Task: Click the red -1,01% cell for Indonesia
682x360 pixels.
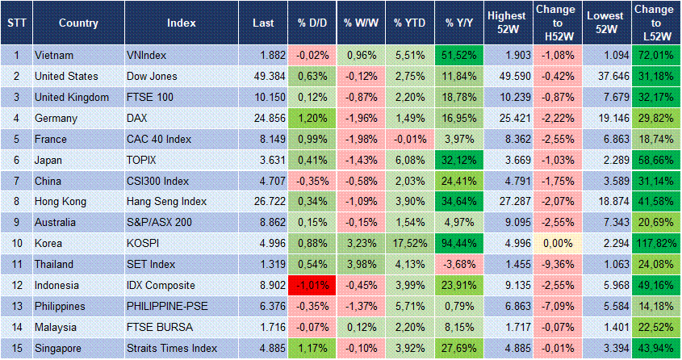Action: (312, 286)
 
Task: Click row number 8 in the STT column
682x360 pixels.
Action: (15, 202)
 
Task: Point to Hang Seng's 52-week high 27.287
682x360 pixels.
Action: (508, 202)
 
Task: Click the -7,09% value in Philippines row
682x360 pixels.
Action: (555, 307)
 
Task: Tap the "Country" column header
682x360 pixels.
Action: (79, 23)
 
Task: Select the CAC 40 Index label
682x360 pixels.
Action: (160, 139)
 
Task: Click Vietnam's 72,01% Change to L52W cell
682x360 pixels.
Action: (655, 55)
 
